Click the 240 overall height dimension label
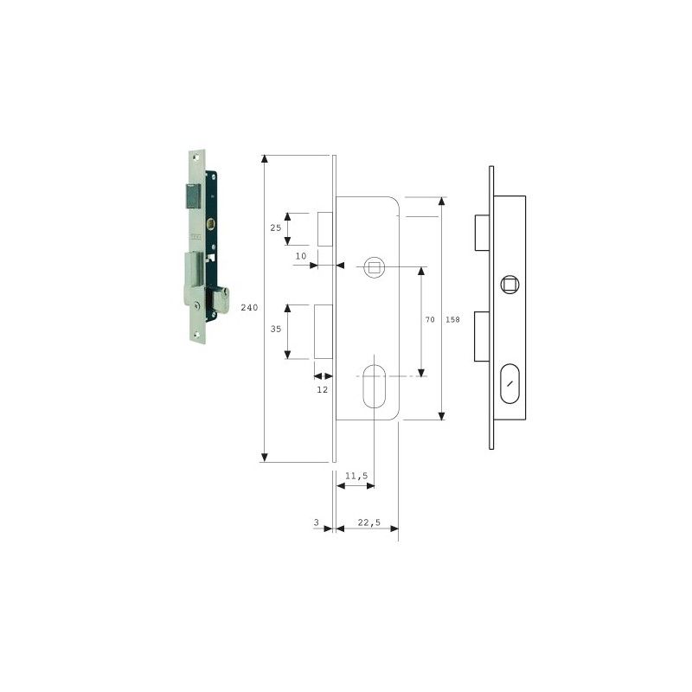(x=249, y=308)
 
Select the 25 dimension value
(x=276, y=227)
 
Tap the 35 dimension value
(x=276, y=329)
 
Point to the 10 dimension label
(x=301, y=256)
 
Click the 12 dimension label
(x=323, y=389)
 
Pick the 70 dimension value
(x=430, y=319)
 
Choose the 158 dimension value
(x=452, y=319)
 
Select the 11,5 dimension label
(x=356, y=476)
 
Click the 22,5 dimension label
(x=369, y=522)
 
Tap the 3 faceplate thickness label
(x=316, y=522)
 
